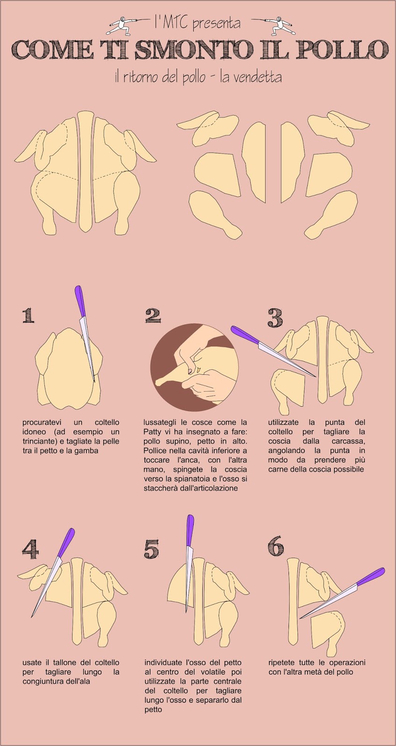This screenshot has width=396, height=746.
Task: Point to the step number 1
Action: tap(28, 315)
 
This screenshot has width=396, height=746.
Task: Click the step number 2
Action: tap(153, 315)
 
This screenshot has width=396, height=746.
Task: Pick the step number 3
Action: tap(275, 318)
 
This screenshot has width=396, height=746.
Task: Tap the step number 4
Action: tap(30, 549)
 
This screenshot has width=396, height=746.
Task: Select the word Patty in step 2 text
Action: tap(152, 432)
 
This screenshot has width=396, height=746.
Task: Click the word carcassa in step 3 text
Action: tap(349, 441)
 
